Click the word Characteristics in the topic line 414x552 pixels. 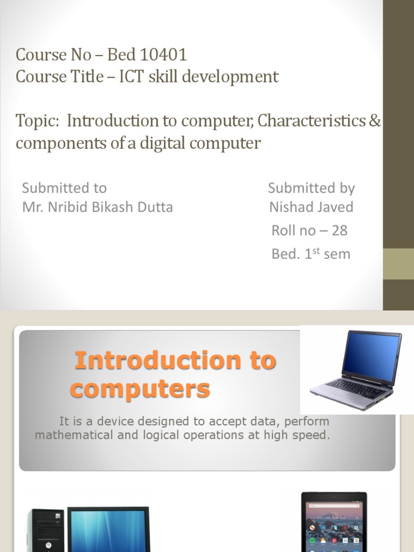pyautogui.click(x=311, y=121)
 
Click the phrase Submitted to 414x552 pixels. pyautogui.click(x=64, y=188)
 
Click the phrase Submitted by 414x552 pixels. pyautogui.click(x=311, y=188)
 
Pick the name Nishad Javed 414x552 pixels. pyautogui.click(x=311, y=207)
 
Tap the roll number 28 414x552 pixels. pyautogui.click(x=339, y=231)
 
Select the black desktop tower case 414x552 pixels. pyautogui.click(x=46, y=531)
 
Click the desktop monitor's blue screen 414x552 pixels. pyautogui.click(x=108, y=531)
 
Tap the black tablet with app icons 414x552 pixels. pyautogui.click(x=334, y=523)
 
